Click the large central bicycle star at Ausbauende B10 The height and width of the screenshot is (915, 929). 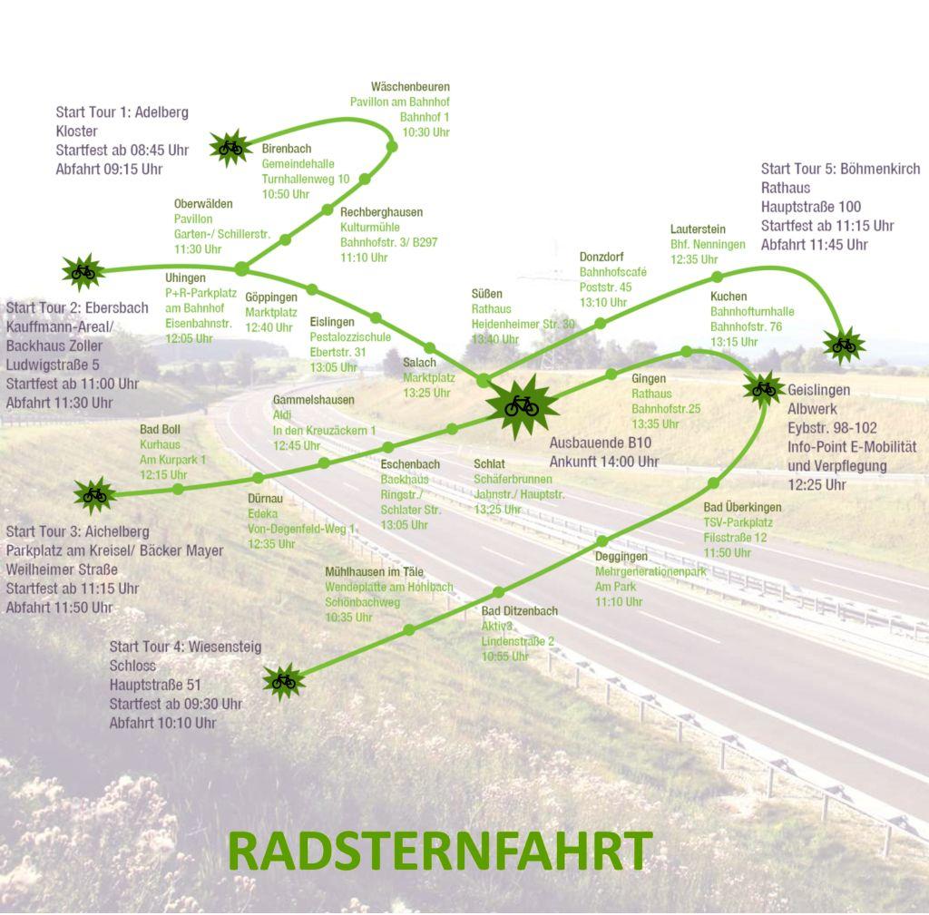pyautogui.click(x=522, y=405)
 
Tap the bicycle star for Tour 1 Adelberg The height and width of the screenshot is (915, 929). pyautogui.click(x=230, y=147)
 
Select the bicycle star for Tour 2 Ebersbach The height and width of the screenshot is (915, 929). pyautogui.click(x=83, y=270)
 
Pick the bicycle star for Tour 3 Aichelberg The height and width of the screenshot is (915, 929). pyautogui.click(x=94, y=494)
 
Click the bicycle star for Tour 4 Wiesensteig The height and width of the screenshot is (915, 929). pyautogui.click(x=283, y=680)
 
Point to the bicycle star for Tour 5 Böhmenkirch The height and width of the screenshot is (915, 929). pyautogui.click(x=844, y=345)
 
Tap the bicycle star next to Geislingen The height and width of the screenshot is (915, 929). pyautogui.click(x=764, y=389)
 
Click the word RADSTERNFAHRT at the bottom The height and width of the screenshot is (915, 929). pyautogui.click(x=440, y=851)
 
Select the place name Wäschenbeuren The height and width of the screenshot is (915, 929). pyautogui.click(x=410, y=87)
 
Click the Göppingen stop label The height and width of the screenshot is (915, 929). pyautogui.click(x=271, y=297)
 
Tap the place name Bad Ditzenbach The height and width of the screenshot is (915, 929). pyautogui.click(x=520, y=611)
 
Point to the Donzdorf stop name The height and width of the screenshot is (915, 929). pyautogui.click(x=601, y=258)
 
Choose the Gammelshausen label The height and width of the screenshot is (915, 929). pyautogui.click(x=314, y=400)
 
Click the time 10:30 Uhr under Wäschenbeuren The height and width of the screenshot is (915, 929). pyautogui.click(x=426, y=132)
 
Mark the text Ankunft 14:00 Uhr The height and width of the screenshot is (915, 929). pyautogui.click(x=604, y=462)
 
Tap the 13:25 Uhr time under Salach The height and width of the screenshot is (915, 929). pyautogui.click(x=427, y=393)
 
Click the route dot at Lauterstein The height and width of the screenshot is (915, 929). pyautogui.click(x=717, y=277)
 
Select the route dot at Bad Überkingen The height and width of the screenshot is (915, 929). pyautogui.click(x=714, y=483)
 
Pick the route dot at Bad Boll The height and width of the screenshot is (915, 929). pyautogui.click(x=178, y=489)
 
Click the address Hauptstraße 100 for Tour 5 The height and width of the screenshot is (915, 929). pyautogui.click(x=811, y=207)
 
